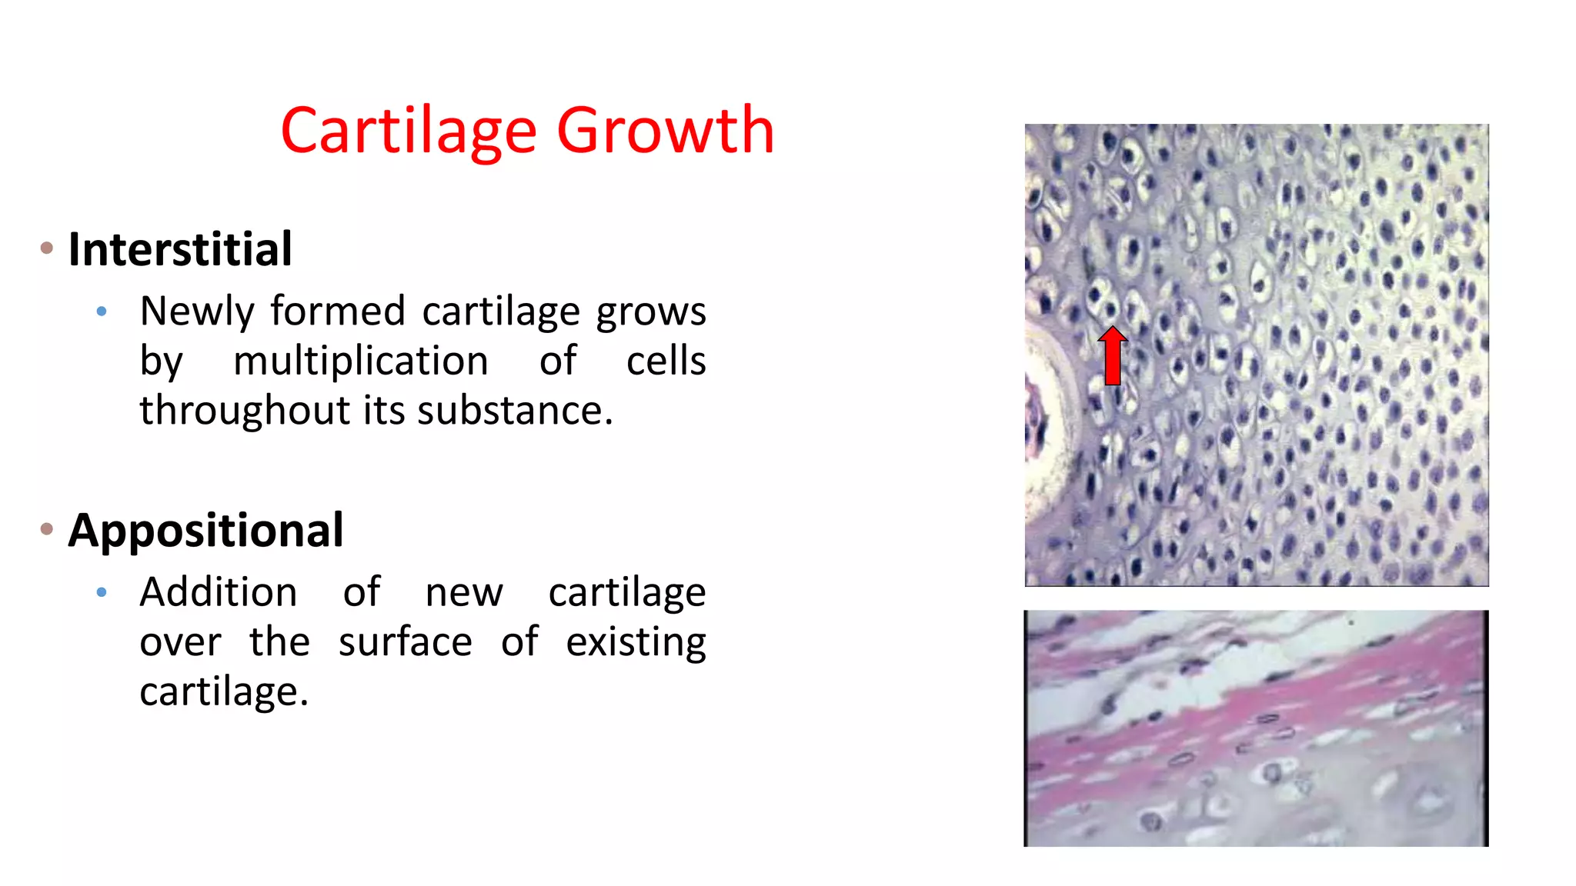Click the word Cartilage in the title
[409, 131]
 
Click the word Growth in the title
[665, 131]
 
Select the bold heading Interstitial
[180, 249]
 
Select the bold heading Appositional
[205, 530]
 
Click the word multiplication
[360, 361]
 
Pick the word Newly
[196, 311]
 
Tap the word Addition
[218, 592]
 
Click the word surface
[405, 642]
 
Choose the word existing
[636, 642]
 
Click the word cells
[666, 361]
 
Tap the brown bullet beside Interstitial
[47, 248]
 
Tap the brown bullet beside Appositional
[47, 529]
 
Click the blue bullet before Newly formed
[102, 311]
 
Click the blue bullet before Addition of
[102, 592]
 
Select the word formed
[338, 311]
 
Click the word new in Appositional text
[464, 592]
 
